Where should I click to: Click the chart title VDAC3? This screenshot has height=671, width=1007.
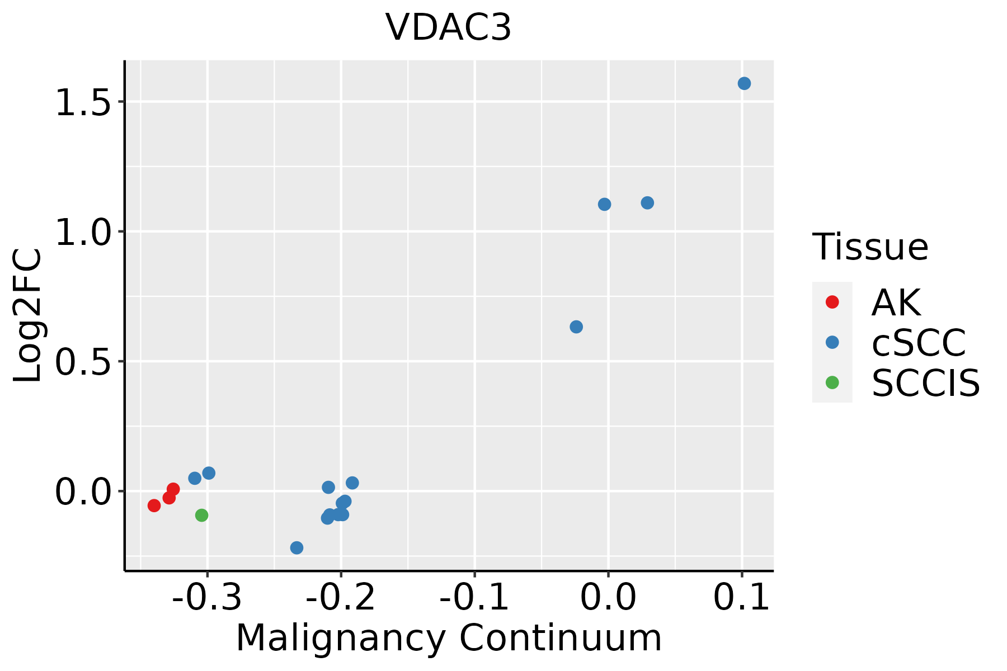pos(448,27)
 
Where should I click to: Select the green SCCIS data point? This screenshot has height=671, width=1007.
pos(202,515)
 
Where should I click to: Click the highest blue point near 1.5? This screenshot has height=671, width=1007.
pos(744,84)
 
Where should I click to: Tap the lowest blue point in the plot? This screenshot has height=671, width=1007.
pos(297,547)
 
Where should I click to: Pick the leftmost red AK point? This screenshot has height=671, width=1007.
pos(154,505)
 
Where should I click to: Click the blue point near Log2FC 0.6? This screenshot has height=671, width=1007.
pos(576,327)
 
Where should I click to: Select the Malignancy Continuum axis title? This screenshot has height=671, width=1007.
pos(449,638)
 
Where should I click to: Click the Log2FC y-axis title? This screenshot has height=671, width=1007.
pos(28,315)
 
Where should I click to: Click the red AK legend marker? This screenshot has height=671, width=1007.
pos(832,302)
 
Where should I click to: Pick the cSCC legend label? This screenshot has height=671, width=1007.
pos(919,342)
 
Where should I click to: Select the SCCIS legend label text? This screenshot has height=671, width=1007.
pos(926,383)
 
